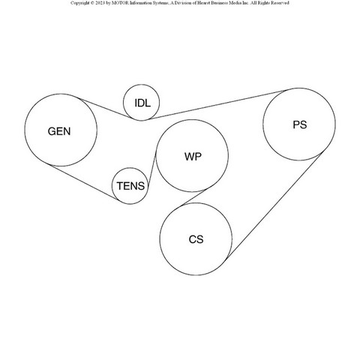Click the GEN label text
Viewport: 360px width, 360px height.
(59, 131)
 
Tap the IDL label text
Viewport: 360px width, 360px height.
(142, 103)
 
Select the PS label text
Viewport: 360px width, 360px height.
(300, 124)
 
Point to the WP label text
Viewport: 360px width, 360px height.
(193, 157)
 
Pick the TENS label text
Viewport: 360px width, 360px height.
(130, 186)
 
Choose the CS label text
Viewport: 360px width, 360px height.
(196, 239)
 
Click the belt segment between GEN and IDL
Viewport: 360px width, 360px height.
(104, 108)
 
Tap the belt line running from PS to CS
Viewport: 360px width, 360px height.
(274, 205)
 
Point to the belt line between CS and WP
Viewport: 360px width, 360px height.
(193, 197)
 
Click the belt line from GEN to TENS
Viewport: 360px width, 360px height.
(83, 182)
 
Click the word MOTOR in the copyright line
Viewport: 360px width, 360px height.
(121, 3)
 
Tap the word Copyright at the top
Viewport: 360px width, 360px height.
(80, 3)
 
